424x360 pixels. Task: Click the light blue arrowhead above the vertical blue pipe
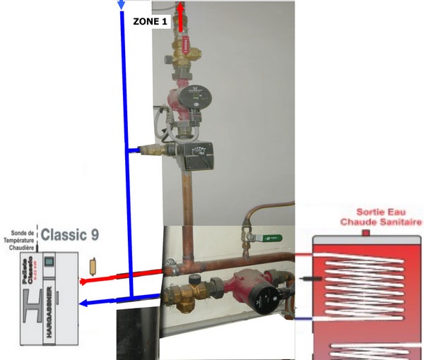tap(121, 4)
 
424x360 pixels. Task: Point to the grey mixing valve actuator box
tap(192, 157)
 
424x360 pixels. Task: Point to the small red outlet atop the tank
tap(366, 232)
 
